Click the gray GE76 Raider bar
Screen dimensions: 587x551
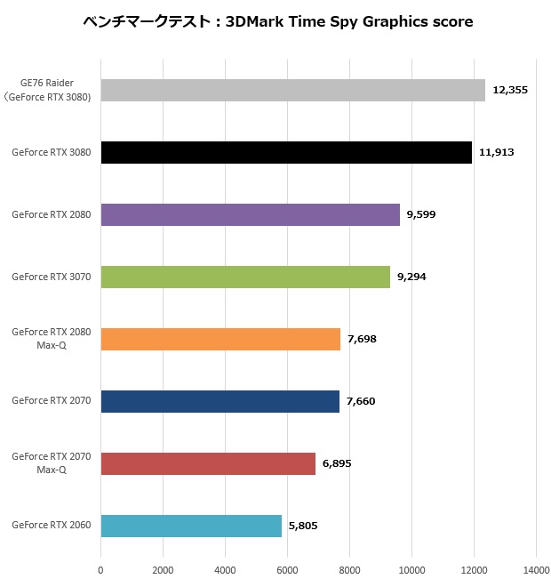click(x=292, y=90)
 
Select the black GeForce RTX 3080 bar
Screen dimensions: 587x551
click(x=286, y=152)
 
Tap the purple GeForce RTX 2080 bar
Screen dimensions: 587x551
click(x=250, y=214)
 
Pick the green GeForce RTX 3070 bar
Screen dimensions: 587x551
click(x=245, y=277)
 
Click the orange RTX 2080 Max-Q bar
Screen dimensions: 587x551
click(x=220, y=339)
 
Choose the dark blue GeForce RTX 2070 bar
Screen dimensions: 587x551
click(x=220, y=401)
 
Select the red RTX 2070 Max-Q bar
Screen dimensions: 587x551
click(x=208, y=463)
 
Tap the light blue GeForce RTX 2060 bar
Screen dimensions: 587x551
click(x=191, y=526)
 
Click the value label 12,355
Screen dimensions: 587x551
click(x=511, y=90)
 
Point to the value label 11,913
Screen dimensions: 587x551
click(x=497, y=152)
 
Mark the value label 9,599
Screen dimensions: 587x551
click(x=421, y=214)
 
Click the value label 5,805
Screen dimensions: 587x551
click(x=303, y=526)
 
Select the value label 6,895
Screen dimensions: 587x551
click(x=337, y=463)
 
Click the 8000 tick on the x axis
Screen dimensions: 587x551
click(x=349, y=570)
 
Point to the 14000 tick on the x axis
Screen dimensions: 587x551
click(x=536, y=570)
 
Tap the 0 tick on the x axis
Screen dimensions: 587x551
click(x=100, y=570)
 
